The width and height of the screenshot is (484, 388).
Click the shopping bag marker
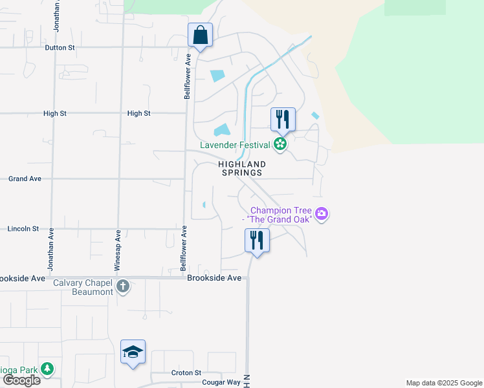tap(200, 35)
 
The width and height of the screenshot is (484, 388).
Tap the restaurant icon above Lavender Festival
tap(283, 119)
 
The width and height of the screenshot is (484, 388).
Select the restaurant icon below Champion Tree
tap(257, 241)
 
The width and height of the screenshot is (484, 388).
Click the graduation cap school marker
tap(133, 352)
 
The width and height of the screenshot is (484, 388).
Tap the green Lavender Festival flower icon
tap(280, 144)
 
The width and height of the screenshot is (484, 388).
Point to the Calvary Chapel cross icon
tap(123, 286)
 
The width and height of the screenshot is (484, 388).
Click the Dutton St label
tap(60, 48)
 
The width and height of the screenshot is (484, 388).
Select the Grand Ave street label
tap(25, 178)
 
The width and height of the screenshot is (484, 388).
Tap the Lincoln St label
tap(23, 229)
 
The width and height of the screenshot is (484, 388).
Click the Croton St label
tap(187, 373)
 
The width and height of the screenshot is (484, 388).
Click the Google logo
tap(21, 380)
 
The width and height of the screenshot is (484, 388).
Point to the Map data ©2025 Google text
tap(443, 383)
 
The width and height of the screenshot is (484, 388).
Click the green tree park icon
tap(47, 369)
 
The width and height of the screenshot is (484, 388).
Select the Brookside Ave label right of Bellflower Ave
tap(214, 278)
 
